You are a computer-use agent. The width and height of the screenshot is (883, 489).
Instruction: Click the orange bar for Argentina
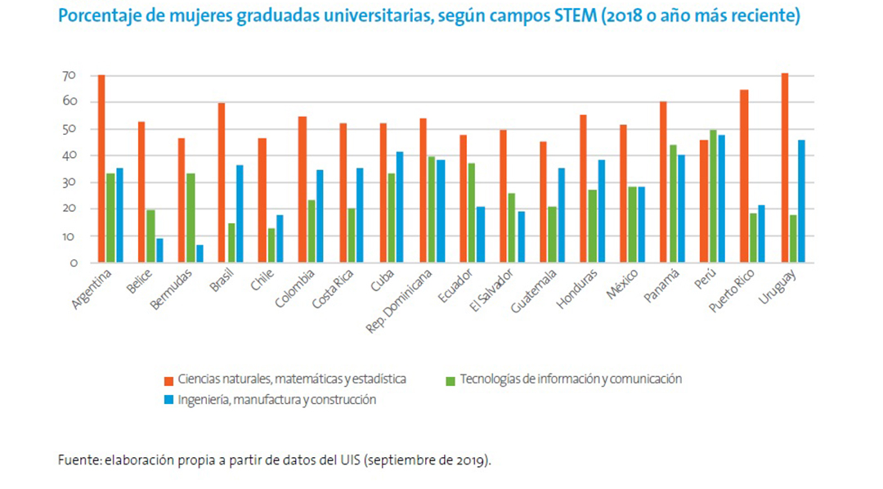[101, 168]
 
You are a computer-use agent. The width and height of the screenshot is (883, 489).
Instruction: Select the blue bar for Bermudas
[199, 253]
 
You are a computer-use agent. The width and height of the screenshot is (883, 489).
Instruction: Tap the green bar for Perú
[713, 196]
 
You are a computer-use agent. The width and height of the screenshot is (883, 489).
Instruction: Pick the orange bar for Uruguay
[785, 168]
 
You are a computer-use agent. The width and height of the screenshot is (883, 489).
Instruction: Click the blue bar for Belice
[159, 250]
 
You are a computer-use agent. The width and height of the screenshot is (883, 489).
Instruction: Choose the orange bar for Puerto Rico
[744, 176]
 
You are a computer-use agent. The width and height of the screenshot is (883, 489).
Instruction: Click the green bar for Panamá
[673, 204]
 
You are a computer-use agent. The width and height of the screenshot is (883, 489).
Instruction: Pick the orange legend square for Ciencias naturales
[168, 380]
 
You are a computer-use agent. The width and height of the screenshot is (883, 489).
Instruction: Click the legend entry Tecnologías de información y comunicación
[571, 379]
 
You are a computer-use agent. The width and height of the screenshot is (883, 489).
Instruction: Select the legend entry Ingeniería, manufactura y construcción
[276, 400]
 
